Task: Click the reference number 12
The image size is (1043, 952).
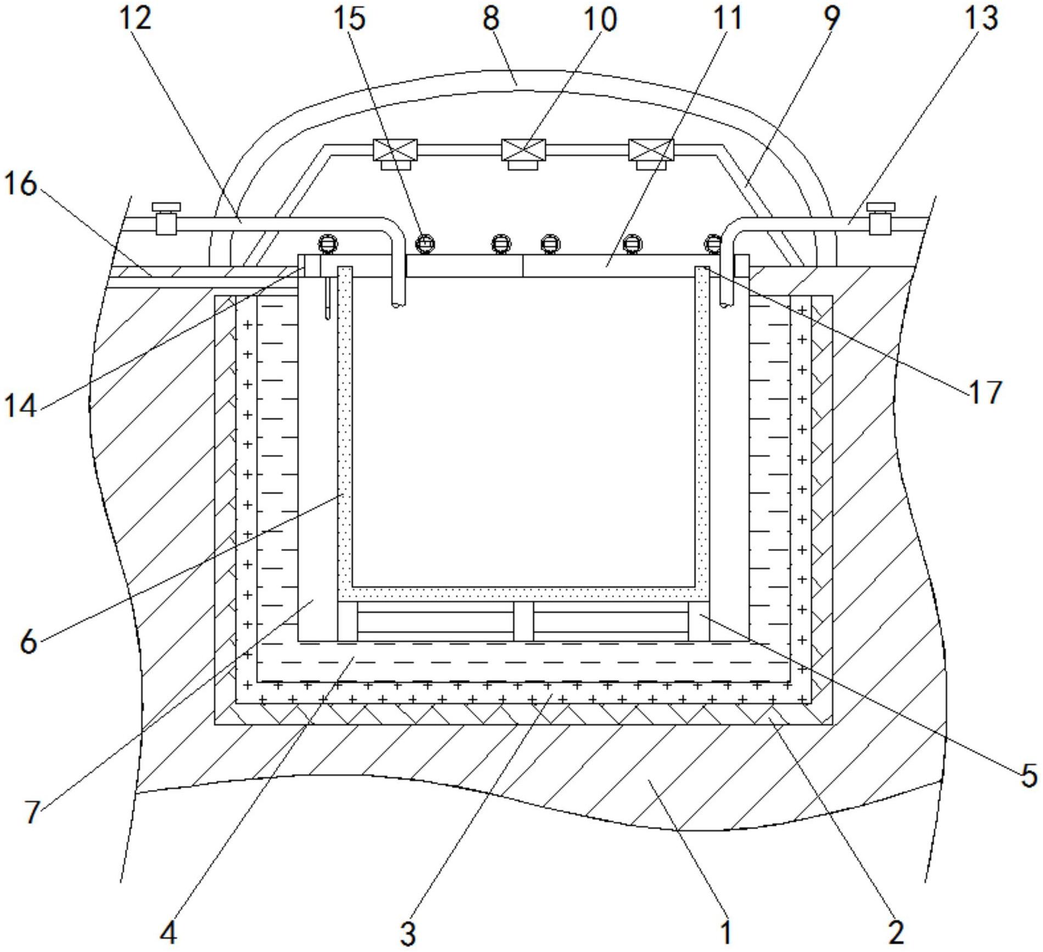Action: [135, 19]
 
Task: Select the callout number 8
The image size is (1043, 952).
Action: [490, 19]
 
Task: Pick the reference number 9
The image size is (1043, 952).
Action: [832, 19]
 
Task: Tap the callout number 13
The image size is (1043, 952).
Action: [981, 19]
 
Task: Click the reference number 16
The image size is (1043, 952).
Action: [21, 184]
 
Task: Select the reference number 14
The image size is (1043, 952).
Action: [21, 407]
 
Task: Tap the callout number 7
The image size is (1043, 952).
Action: [32, 812]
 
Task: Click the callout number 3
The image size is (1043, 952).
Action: [408, 932]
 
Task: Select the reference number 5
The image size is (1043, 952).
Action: [1028, 776]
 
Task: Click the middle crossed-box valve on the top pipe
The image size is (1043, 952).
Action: [523, 150]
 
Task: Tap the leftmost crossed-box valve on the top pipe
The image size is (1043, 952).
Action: [395, 150]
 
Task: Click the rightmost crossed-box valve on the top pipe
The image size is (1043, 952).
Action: [651, 150]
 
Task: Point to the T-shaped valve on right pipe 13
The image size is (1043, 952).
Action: [880, 218]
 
